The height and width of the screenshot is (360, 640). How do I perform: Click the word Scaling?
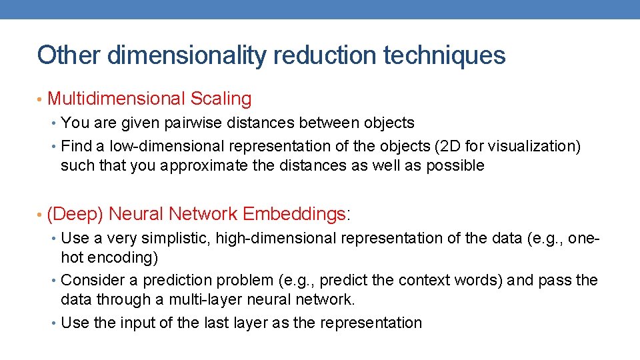point(221,99)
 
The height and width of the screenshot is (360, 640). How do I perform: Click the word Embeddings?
point(294,214)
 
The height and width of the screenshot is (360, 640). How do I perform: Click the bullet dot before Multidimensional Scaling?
point(40,100)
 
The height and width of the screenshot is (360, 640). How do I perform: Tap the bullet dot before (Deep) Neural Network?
point(40,215)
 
